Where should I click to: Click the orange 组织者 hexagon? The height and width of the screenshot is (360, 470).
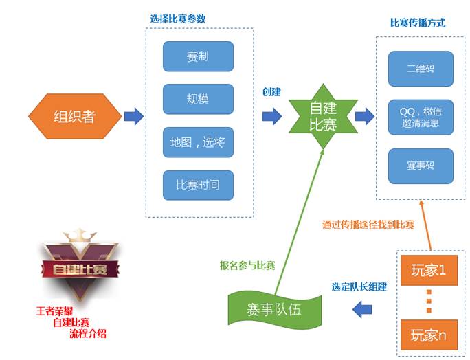click(74, 116)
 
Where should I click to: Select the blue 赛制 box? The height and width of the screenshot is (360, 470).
click(198, 56)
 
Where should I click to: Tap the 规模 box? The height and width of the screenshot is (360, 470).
click(198, 99)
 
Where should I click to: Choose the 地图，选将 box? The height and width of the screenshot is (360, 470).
click(198, 143)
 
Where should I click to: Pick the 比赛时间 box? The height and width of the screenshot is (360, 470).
click(198, 185)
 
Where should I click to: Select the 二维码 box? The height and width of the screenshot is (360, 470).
click(421, 67)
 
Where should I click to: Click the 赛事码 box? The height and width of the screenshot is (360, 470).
click(421, 166)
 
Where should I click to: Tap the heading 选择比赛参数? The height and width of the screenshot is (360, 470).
click(178, 18)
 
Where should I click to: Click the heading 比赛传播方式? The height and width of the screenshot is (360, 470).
click(418, 23)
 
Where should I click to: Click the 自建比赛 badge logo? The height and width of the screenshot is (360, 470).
click(76, 267)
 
